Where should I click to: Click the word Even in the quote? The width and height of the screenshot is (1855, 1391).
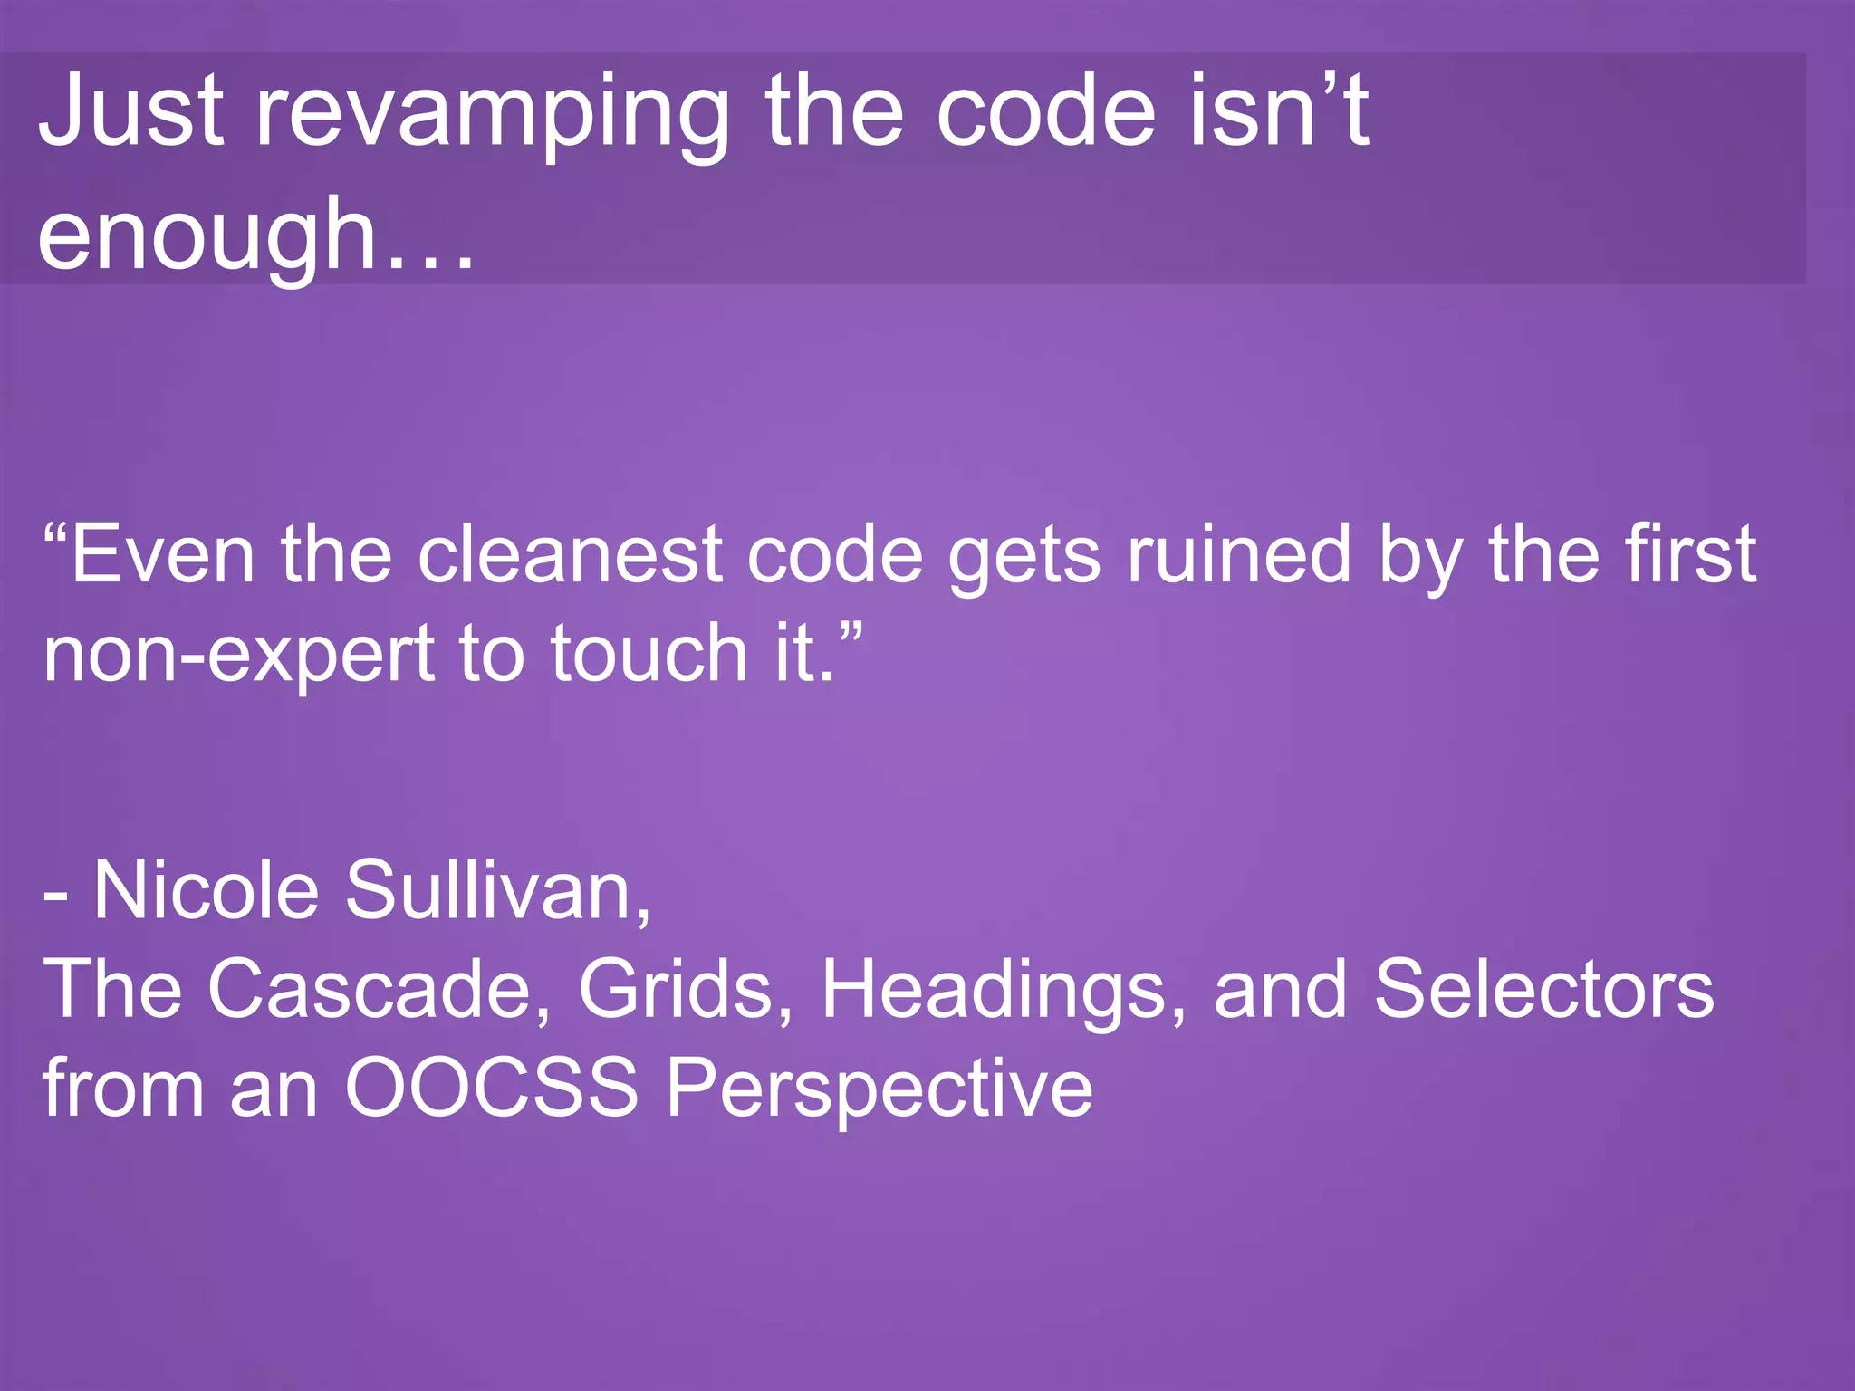coord(163,554)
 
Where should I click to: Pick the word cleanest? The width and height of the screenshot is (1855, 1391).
coord(570,554)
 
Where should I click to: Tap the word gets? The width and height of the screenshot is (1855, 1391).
coord(1024,558)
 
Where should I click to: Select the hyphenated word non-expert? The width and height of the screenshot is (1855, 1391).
coord(238,654)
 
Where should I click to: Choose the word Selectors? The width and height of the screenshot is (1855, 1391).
coord(1543,989)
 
